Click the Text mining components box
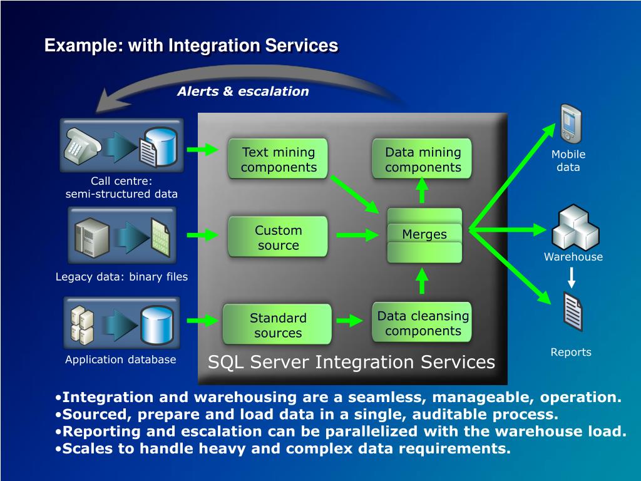(x=279, y=159)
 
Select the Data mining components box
(x=423, y=159)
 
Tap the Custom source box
(x=278, y=237)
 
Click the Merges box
(x=424, y=234)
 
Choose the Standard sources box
(x=278, y=324)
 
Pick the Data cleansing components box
(x=423, y=323)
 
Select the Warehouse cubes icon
(x=574, y=227)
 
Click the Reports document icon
(x=573, y=311)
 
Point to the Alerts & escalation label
(x=243, y=91)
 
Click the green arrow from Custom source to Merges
(x=357, y=235)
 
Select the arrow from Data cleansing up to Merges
(x=423, y=281)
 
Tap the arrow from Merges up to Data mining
(x=423, y=190)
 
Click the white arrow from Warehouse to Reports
(x=572, y=277)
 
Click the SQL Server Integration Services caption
(x=351, y=362)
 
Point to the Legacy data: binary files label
(x=121, y=277)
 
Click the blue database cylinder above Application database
(x=156, y=324)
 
